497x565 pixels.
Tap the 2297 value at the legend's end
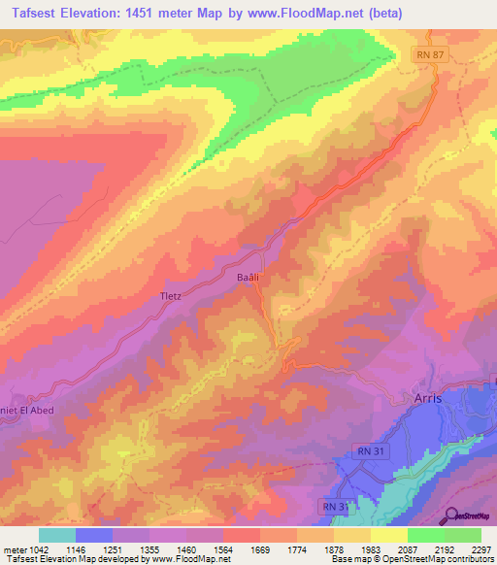click(481, 548)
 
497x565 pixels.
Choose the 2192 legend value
click(445, 548)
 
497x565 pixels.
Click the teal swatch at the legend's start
click(57, 535)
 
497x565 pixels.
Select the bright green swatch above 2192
click(426, 535)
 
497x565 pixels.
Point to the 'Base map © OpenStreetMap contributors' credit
click(411, 559)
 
